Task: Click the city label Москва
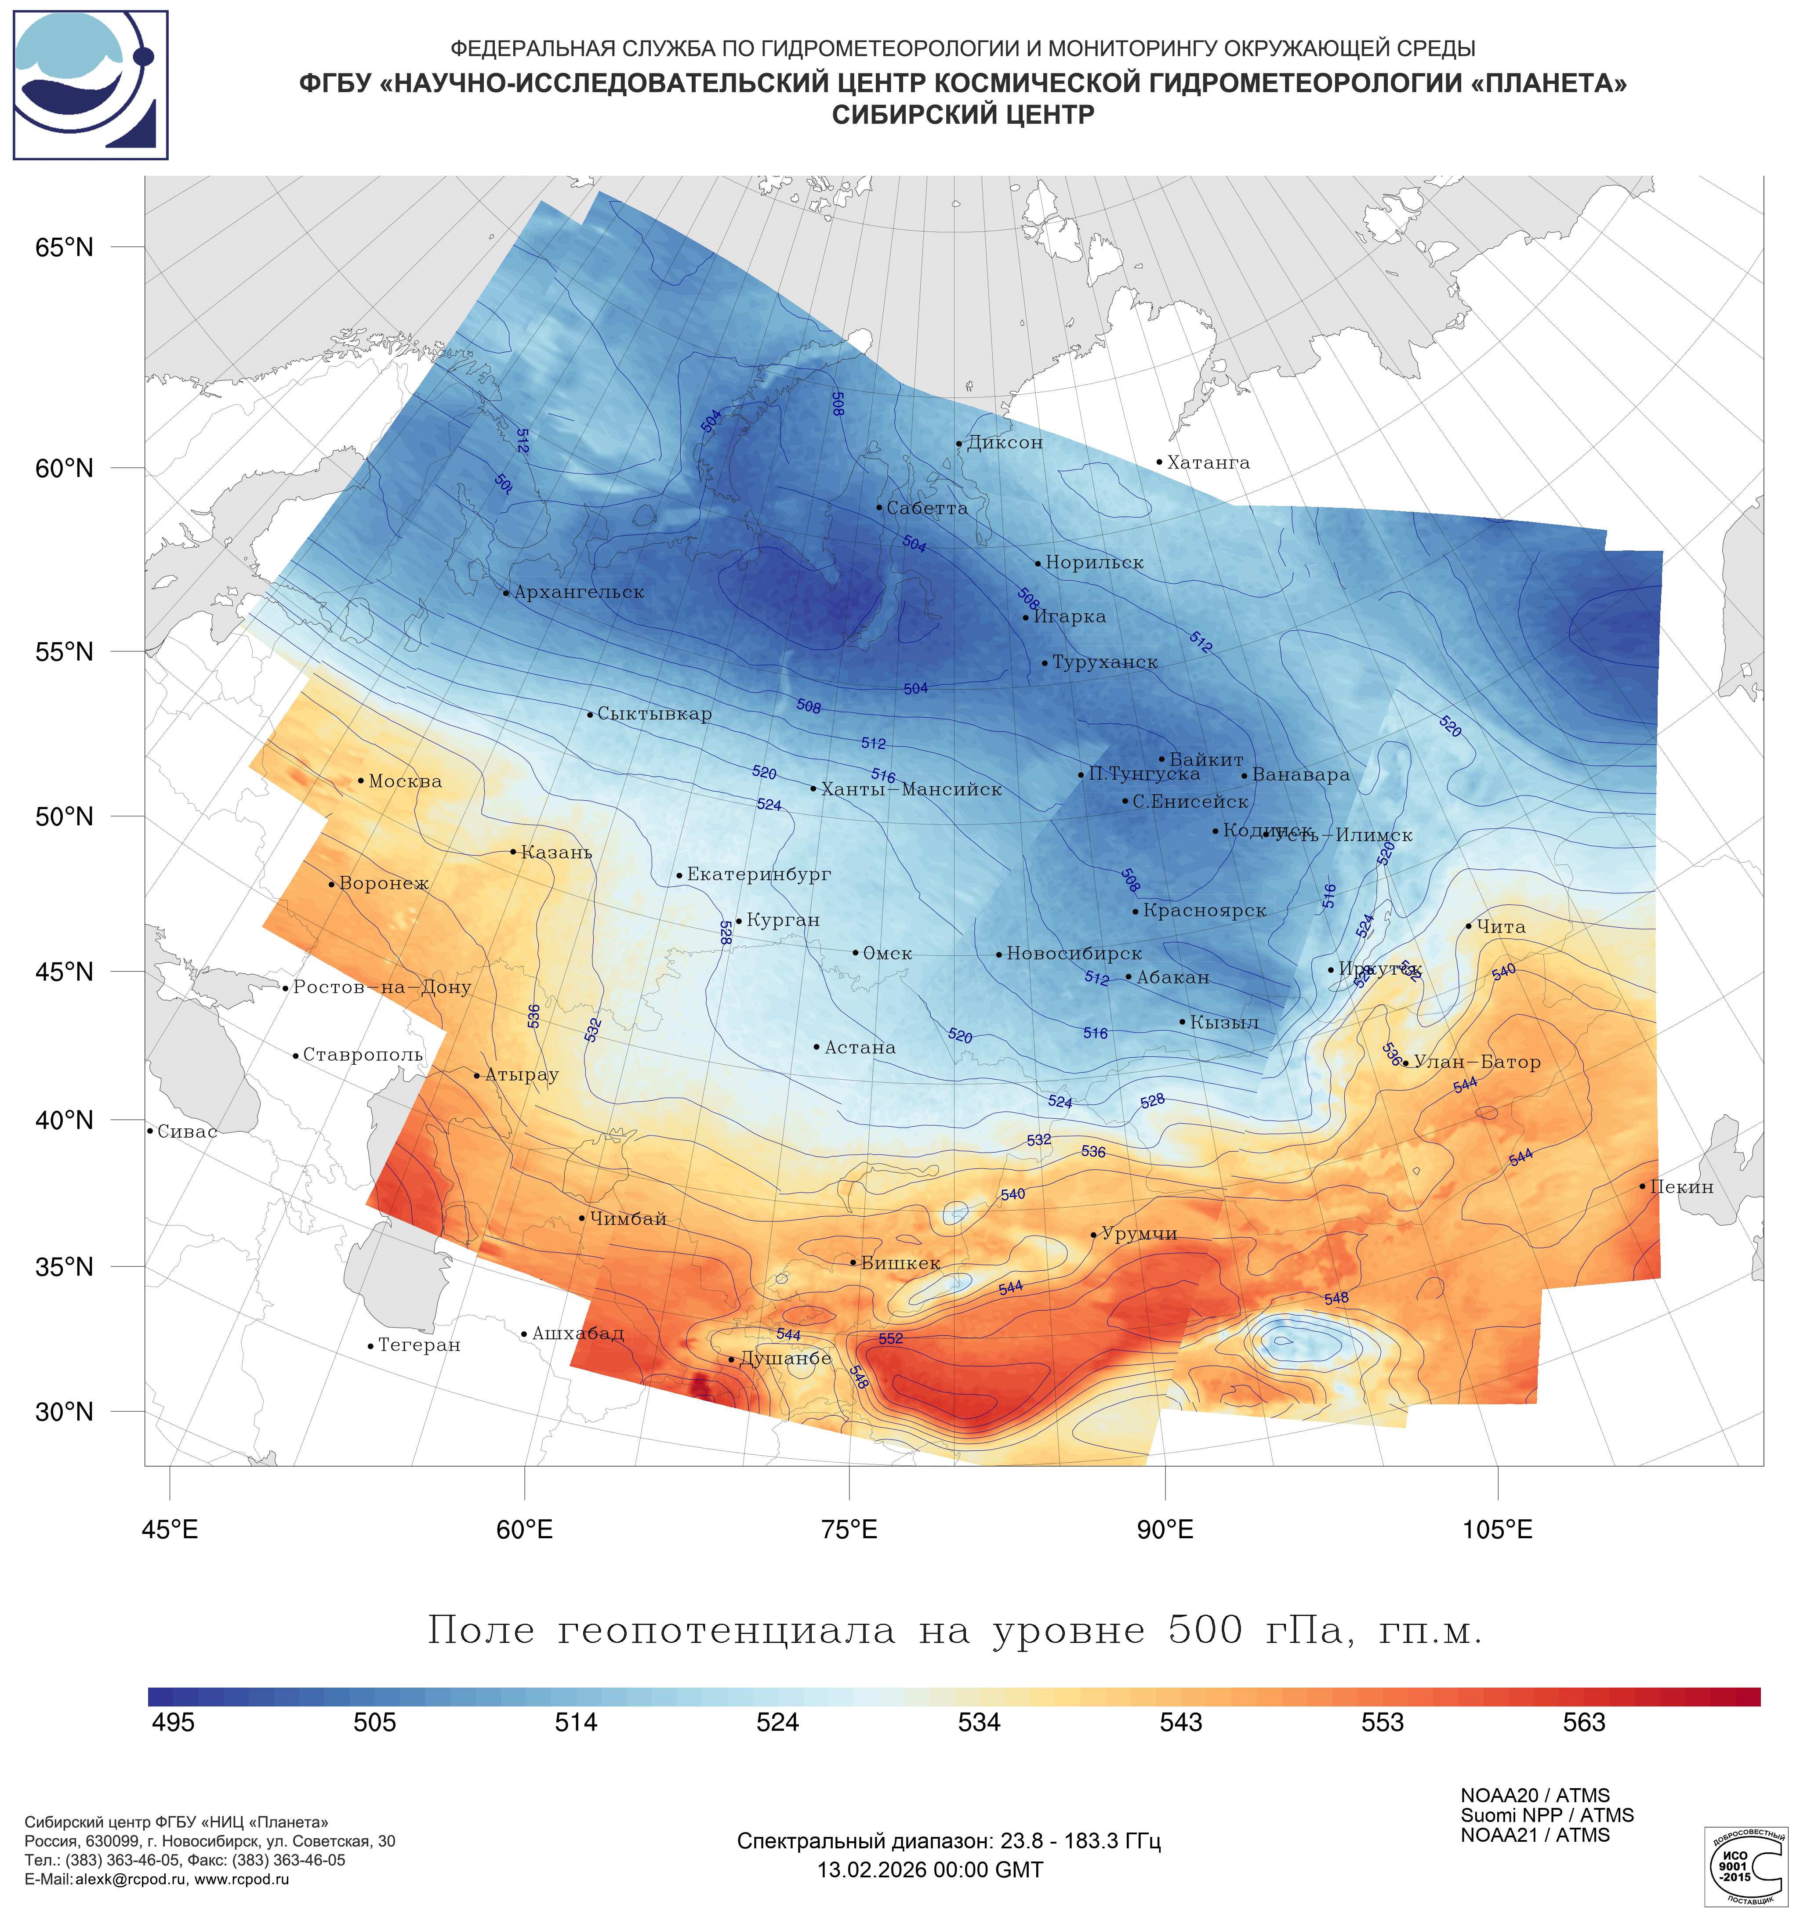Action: point(405,781)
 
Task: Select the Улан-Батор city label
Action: point(1476,1062)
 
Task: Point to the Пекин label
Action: point(1681,1187)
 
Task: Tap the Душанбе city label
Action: point(785,1359)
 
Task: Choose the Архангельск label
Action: point(578,593)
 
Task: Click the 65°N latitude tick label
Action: point(65,248)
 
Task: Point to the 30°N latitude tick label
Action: point(65,1412)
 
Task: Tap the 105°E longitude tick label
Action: point(1497,1529)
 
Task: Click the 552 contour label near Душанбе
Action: point(891,1339)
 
